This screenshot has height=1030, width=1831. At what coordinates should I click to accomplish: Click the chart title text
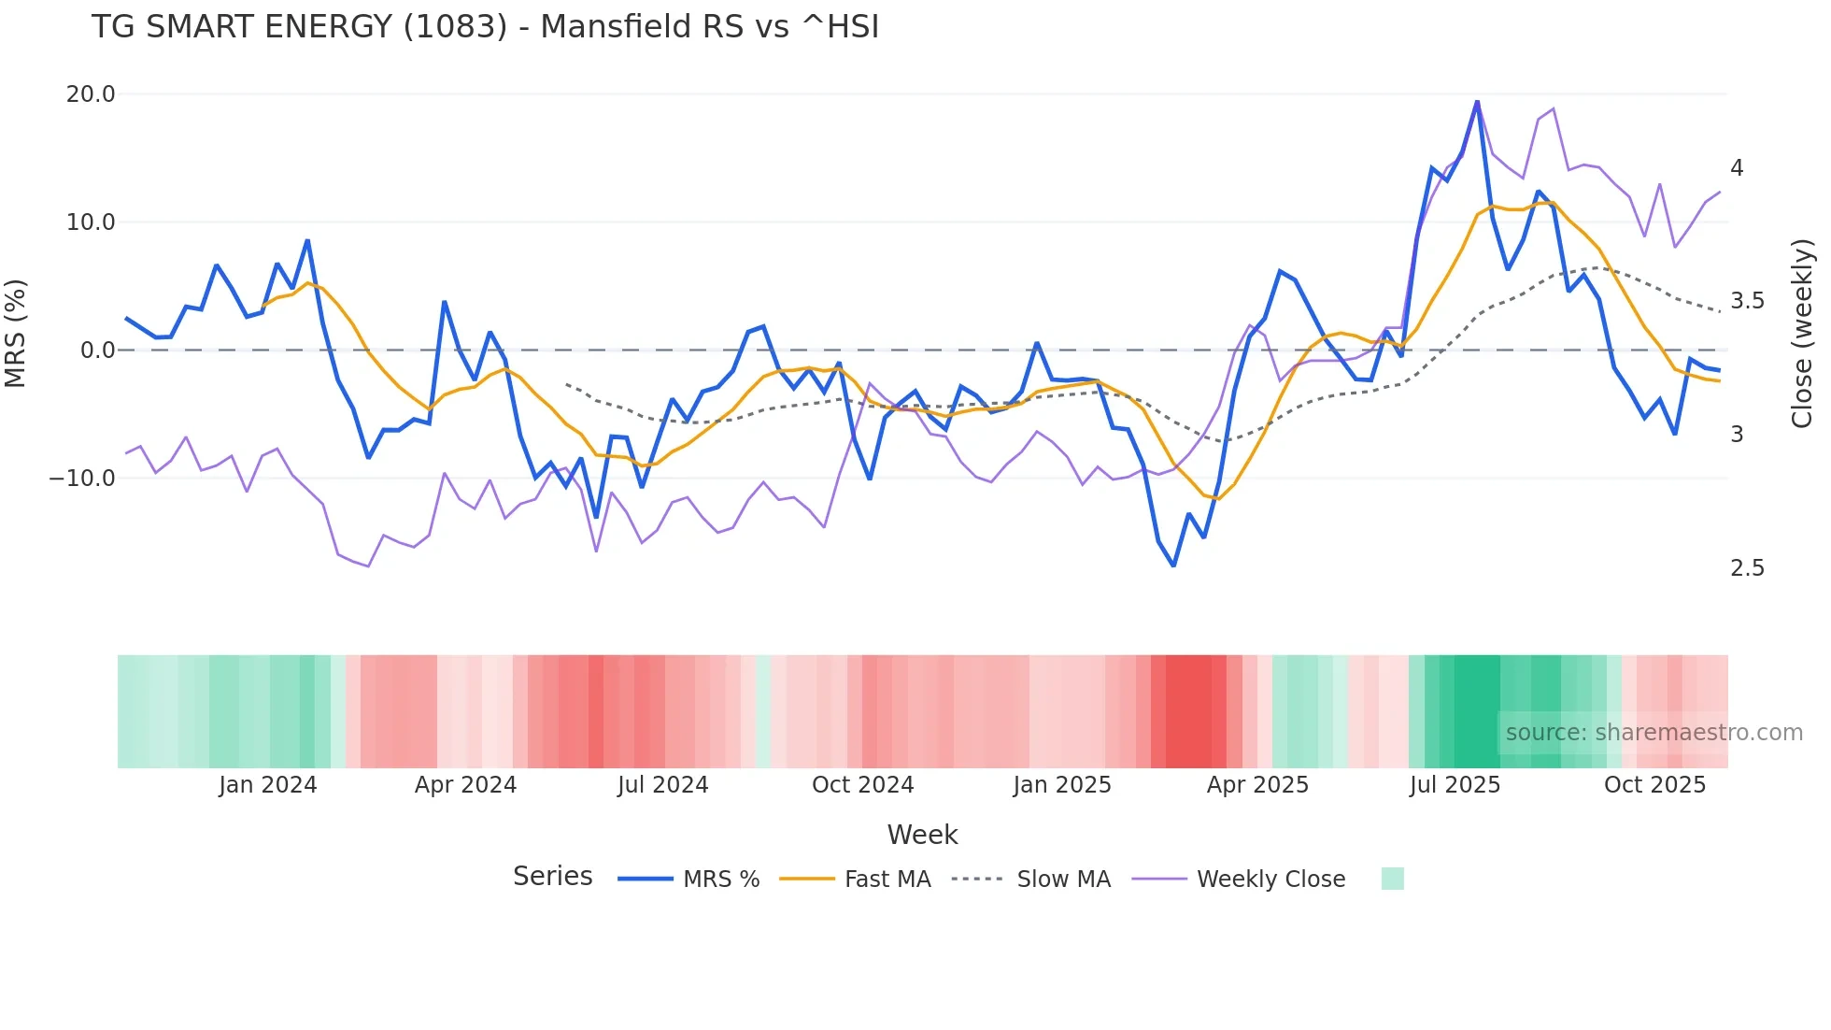pos(485,27)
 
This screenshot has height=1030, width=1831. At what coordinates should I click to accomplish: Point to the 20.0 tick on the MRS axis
pos(91,94)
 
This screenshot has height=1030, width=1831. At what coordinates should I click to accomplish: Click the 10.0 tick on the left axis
pos(91,222)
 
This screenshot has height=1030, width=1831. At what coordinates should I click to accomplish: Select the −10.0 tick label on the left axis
pos(82,479)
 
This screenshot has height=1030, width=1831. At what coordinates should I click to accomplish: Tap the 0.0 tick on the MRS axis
pos(97,350)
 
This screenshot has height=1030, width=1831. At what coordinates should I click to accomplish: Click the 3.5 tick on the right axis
pos(1747,301)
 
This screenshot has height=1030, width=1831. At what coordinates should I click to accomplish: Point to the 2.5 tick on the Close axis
pos(1747,568)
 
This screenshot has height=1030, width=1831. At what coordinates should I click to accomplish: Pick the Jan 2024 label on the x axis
pos(268,785)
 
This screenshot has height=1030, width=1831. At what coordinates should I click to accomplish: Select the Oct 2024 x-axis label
pos(862,785)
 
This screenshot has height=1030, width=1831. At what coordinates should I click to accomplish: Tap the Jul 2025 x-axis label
pos(1455,785)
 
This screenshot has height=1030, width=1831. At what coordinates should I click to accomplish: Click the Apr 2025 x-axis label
pos(1257,785)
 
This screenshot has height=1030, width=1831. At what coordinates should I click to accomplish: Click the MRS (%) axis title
pos(16,334)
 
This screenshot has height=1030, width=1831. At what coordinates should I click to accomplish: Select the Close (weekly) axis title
pos(1802,334)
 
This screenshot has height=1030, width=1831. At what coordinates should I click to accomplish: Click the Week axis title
pos(922,835)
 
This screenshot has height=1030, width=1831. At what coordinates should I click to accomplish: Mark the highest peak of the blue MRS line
pos(1477,101)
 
